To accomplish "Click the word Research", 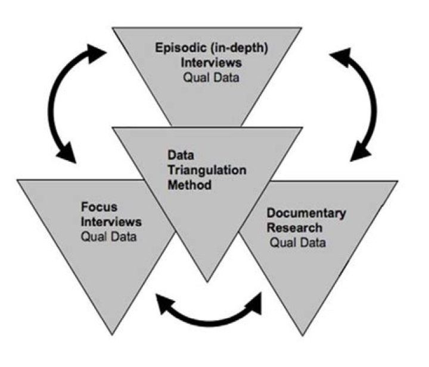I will [294, 228].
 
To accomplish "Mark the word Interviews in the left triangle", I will [111, 222].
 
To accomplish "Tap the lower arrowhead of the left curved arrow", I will [69, 153].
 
